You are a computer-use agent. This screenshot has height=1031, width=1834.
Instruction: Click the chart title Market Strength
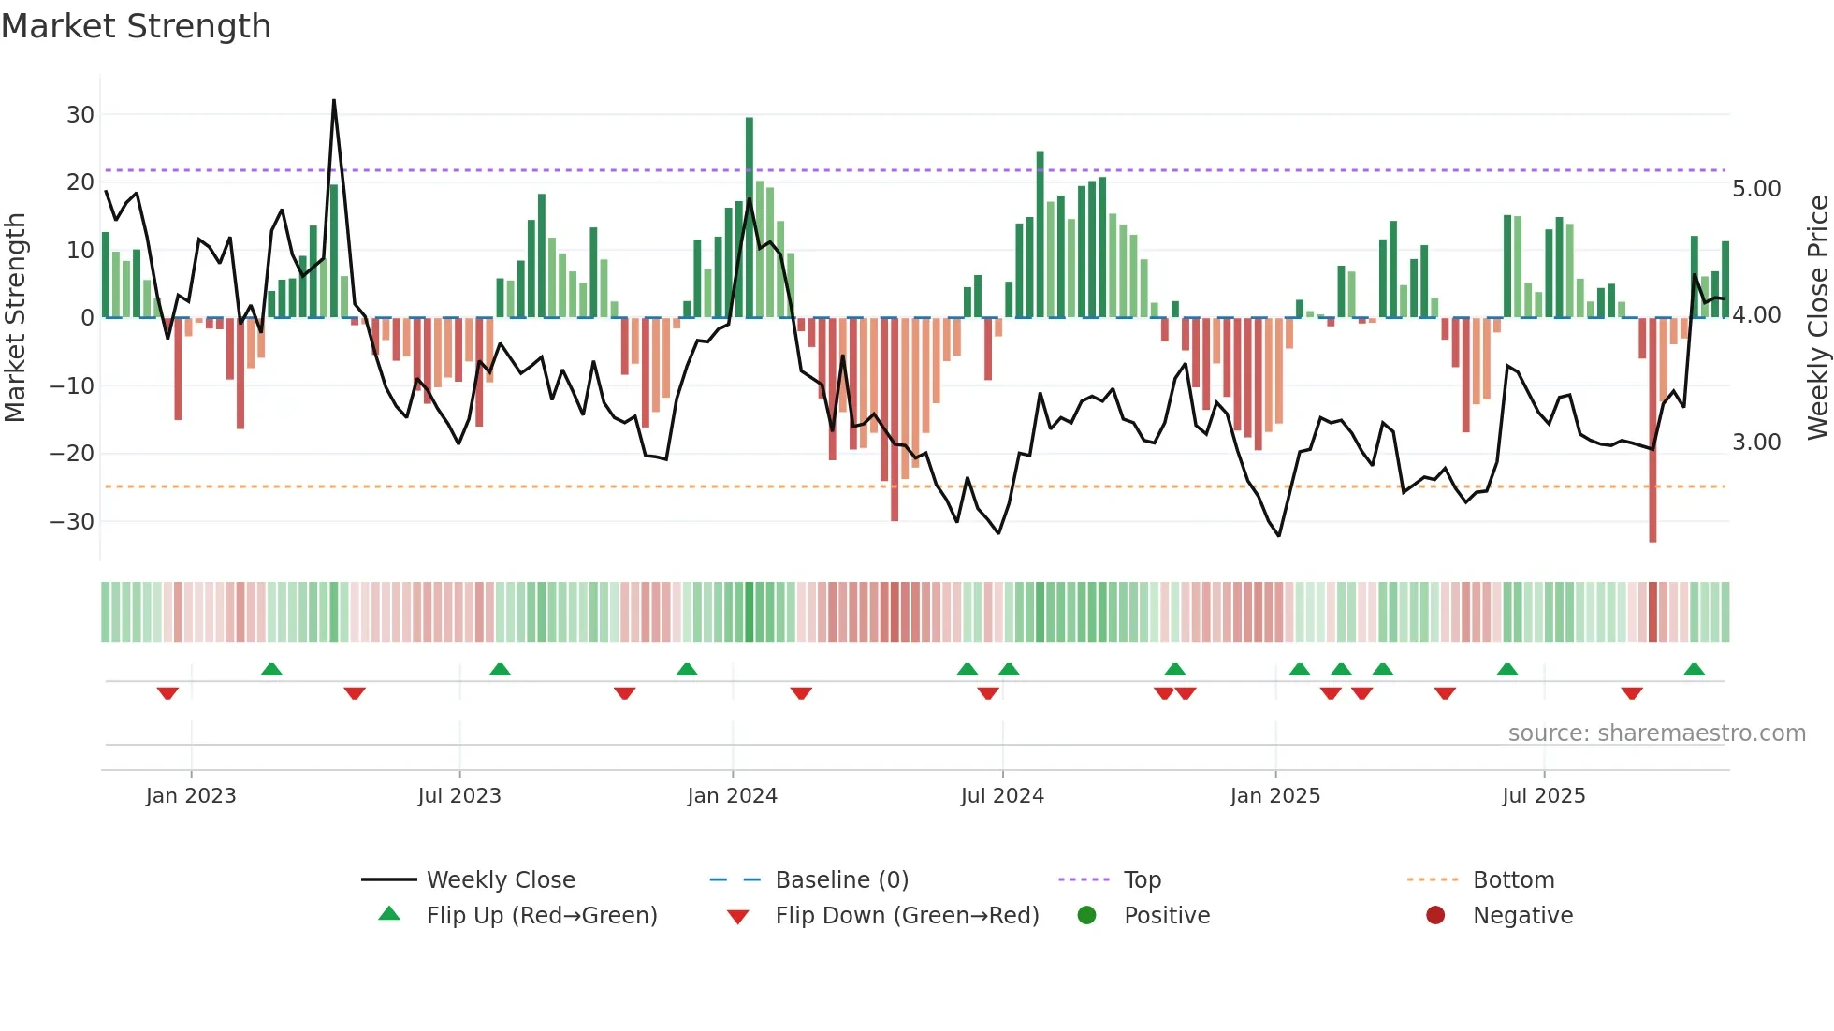click(136, 26)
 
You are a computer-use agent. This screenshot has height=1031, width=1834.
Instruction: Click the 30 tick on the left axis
click(80, 115)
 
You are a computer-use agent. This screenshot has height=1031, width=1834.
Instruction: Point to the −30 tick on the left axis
click(73, 522)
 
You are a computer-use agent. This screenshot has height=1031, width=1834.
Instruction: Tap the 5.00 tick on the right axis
click(1756, 189)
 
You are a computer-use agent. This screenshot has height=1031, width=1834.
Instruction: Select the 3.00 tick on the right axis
click(1756, 443)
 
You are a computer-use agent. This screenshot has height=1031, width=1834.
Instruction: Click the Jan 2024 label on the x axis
click(732, 796)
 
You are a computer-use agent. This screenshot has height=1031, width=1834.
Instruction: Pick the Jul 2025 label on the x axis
click(1543, 796)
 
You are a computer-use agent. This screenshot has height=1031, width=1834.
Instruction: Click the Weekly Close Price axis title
click(1817, 318)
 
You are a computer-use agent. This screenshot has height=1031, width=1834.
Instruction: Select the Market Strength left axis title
click(15, 318)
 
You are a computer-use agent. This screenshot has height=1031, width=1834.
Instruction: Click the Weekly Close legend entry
click(500, 880)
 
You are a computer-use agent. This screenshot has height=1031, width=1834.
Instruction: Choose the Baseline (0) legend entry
click(841, 880)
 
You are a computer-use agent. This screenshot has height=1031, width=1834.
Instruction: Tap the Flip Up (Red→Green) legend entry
click(541, 916)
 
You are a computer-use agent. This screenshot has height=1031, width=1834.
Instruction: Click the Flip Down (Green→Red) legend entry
click(906, 916)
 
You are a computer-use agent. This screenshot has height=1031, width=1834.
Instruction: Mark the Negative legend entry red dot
click(1435, 916)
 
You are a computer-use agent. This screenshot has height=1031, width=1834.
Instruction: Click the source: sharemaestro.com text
click(1656, 733)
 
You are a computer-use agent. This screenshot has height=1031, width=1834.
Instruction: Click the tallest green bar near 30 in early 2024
click(750, 215)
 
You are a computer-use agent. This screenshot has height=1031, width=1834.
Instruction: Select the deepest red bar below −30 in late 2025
click(1652, 430)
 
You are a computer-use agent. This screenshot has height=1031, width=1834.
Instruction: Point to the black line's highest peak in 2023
click(334, 101)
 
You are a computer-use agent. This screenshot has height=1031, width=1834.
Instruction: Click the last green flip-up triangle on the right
click(1694, 670)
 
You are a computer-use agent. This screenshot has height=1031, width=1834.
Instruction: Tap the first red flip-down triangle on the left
click(167, 693)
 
